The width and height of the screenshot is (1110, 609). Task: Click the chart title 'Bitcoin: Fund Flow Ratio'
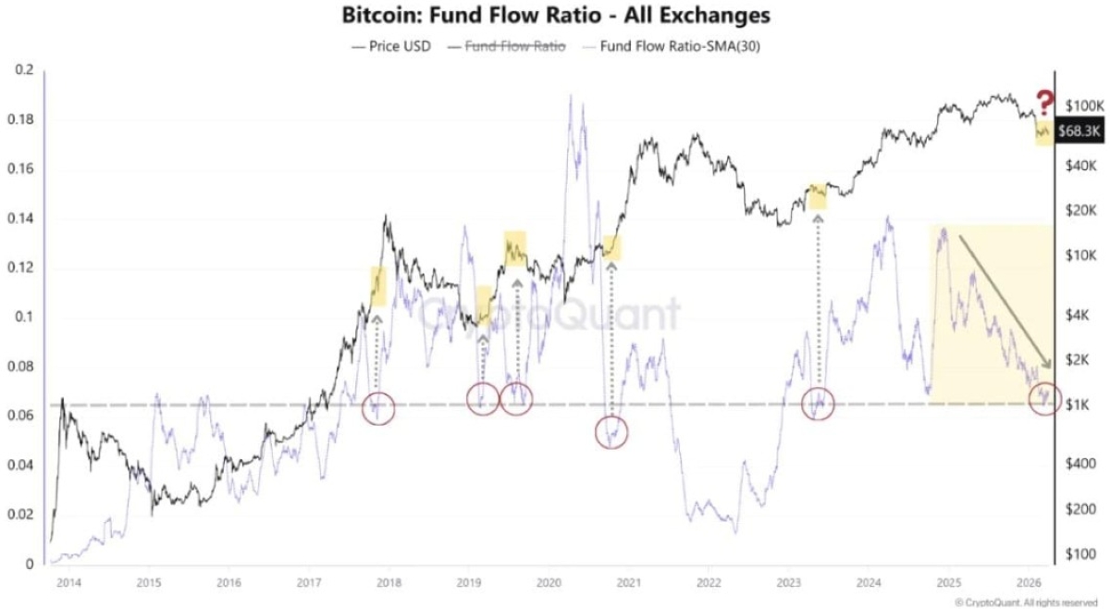pyautogui.click(x=556, y=16)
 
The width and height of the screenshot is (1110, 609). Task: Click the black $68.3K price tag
pyautogui.click(x=1079, y=132)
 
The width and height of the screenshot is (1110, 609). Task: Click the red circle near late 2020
pyautogui.click(x=610, y=430)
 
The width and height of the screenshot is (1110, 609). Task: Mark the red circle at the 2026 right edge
pyautogui.click(x=1045, y=399)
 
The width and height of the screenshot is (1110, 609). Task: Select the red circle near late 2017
pyautogui.click(x=375, y=406)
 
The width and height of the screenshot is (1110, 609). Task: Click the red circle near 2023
pyautogui.click(x=817, y=404)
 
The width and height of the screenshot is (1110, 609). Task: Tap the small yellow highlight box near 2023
pyautogui.click(x=817, y=195)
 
